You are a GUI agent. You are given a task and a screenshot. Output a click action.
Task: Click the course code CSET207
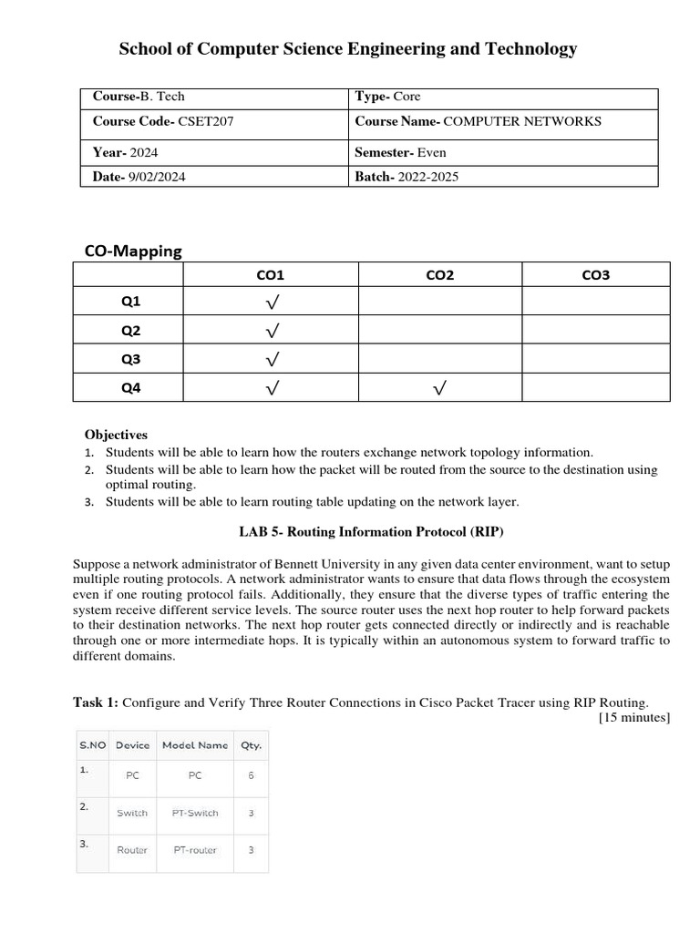[206, 121]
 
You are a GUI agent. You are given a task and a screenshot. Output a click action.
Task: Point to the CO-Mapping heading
[133, 251]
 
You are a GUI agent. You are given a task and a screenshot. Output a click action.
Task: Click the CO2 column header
[439, 275]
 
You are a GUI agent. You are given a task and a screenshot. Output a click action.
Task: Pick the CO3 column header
[595, 275]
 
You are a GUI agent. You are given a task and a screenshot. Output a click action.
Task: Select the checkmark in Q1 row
[272, 302]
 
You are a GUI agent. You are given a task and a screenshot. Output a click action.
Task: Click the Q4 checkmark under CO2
[439, 389]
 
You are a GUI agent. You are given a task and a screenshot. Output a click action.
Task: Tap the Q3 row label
[131, 359]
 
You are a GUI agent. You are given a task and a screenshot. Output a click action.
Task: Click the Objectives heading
[116, 435]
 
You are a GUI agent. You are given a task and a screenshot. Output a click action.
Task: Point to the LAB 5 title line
[371, 531]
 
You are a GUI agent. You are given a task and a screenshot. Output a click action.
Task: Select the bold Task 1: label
[96, 702]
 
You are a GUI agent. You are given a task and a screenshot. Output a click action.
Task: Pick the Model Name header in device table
[195, 744]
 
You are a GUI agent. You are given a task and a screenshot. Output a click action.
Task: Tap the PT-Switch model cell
[195, 813]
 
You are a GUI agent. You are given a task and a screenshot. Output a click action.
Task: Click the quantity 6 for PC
[251, 775]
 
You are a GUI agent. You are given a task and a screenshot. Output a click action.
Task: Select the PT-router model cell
[195, 850]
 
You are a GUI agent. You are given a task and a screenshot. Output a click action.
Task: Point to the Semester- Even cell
[400, 152]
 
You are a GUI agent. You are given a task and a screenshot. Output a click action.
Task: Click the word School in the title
[145, 49]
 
